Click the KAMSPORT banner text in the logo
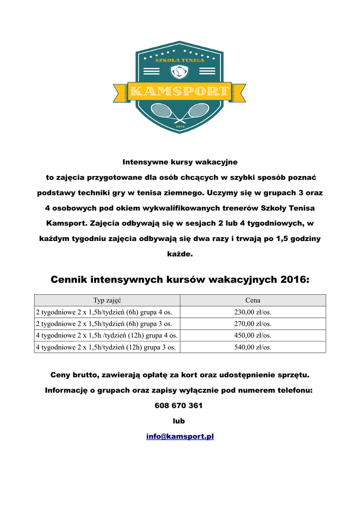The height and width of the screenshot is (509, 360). click(x=180, y=91)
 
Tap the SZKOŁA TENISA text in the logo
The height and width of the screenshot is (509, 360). click(x=180, y=60)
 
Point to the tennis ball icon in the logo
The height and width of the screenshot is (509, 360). click(x=180, y=73)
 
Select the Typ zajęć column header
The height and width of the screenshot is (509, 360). click(x=107, y=300)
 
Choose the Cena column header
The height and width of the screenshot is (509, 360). click(x=253, y=300)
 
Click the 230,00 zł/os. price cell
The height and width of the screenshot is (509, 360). click(x=253, y=312)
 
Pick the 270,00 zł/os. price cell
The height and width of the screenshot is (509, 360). click(x=253, y=324)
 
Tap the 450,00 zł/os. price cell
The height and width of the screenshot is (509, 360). click(x=253, y=336)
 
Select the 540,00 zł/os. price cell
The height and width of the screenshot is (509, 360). click(x=253, y=347)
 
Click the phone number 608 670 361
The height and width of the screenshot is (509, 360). click(x=179, y=406)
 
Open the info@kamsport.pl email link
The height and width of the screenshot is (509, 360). click(x=180, y=436)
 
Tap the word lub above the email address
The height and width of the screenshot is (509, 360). click(x=179, y=421)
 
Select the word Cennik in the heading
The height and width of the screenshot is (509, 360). click(x=69, y=280)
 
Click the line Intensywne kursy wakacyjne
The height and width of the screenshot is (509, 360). click(x=180, y=162)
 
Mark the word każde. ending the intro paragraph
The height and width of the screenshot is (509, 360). click(x=180, y=254)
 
